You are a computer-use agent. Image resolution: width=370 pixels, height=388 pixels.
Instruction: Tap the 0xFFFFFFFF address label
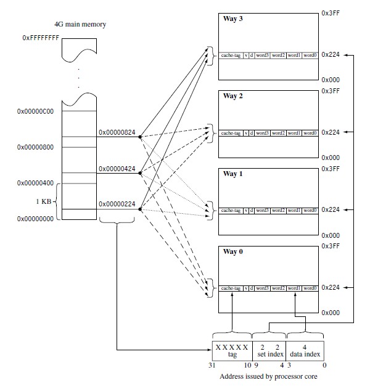[40, 38]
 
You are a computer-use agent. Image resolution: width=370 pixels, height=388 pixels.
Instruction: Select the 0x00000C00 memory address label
[37, 112]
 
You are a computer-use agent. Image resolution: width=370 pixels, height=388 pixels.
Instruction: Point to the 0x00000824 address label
[117, 132]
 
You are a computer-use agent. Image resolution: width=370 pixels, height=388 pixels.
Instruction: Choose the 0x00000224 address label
[117, 203]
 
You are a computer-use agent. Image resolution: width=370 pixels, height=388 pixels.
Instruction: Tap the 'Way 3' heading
[233, 19]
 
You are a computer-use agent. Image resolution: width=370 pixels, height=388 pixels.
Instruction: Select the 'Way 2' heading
[233, 96]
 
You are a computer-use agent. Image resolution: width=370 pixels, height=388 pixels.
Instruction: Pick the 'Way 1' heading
[233, 174]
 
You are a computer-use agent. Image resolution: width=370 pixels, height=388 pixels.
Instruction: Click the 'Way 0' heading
[233, 251]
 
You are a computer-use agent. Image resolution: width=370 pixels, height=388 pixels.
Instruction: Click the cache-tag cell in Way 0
[231, 288]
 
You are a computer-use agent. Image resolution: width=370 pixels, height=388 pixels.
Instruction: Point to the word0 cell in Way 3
[310, 55]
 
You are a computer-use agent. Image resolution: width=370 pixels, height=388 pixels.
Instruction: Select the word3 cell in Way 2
[263, 133]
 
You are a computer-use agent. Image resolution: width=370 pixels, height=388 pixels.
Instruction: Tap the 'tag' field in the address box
[231, 355]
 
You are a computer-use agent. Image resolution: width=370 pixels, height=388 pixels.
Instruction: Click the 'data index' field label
[304, 355]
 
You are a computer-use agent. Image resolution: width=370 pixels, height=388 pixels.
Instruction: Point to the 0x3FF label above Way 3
[331, 12]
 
